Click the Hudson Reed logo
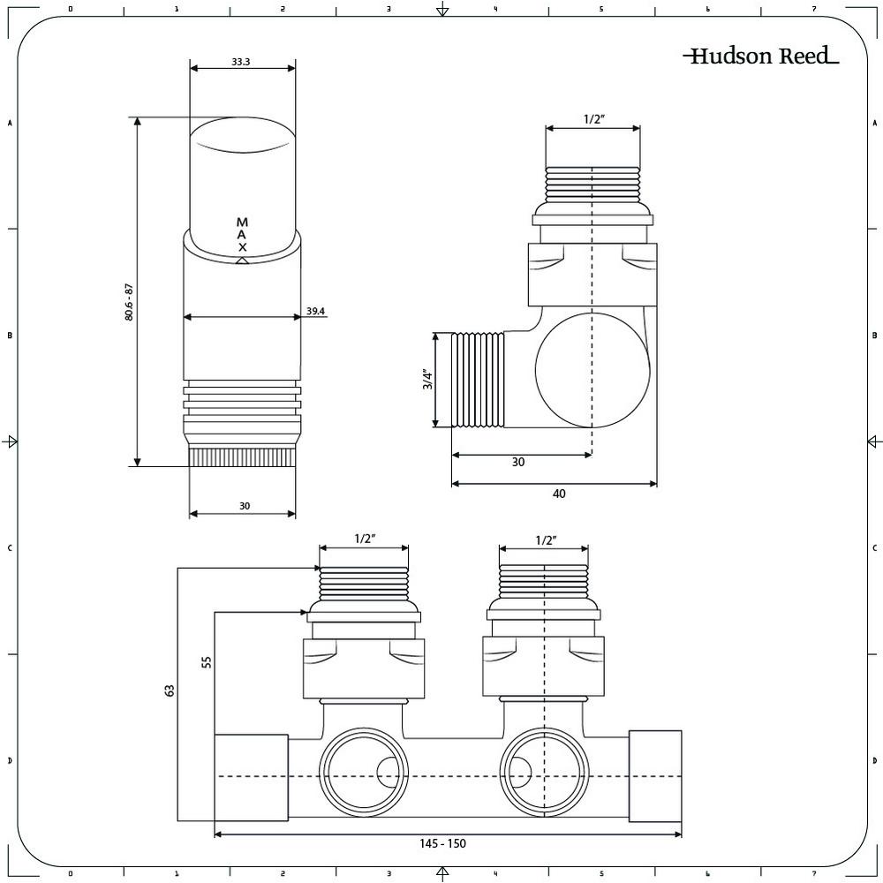click(x=761, y=56)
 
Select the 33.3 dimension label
click(x=240, y=62)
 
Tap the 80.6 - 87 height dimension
click(x=129, y=302)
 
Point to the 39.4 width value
click(x=315, y=311)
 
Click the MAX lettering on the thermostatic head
click(x=242, y=234)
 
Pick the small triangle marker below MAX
click(x=242, y=260)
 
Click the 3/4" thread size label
click(x=428, y=380)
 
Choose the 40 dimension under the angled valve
click(x=559, y=494)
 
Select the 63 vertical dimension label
click(x=170, y=691)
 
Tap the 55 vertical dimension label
click(x=207, y=661)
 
